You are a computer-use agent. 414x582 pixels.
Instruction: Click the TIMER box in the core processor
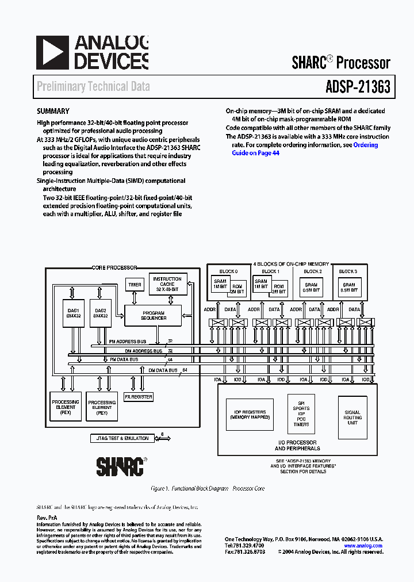pyautogui.click(x=135, y=285)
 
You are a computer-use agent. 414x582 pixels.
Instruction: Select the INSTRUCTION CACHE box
pyautogui.click(x=167, y=285)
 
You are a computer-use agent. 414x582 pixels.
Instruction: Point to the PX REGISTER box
pyautogui.click(x=139, y=397)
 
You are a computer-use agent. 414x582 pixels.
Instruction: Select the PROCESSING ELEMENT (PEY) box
pyautogui.click(x=102, y=407)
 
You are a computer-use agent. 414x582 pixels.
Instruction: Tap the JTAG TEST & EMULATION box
pyautogui.click(x=120, y=438)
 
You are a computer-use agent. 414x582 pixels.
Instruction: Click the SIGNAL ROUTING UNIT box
pyautogui.click(x=352, y=418)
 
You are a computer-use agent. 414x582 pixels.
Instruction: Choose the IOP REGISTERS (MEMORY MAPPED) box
pyautogui.click(x=249, y=415)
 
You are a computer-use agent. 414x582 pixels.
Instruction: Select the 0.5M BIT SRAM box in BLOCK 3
pyautogui.click(x=348, y=288)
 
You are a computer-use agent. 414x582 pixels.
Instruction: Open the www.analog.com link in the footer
pyautogui.click(x=364, y=546)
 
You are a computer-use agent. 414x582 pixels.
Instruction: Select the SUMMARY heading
pyautogui.click(x=53, y=112)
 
